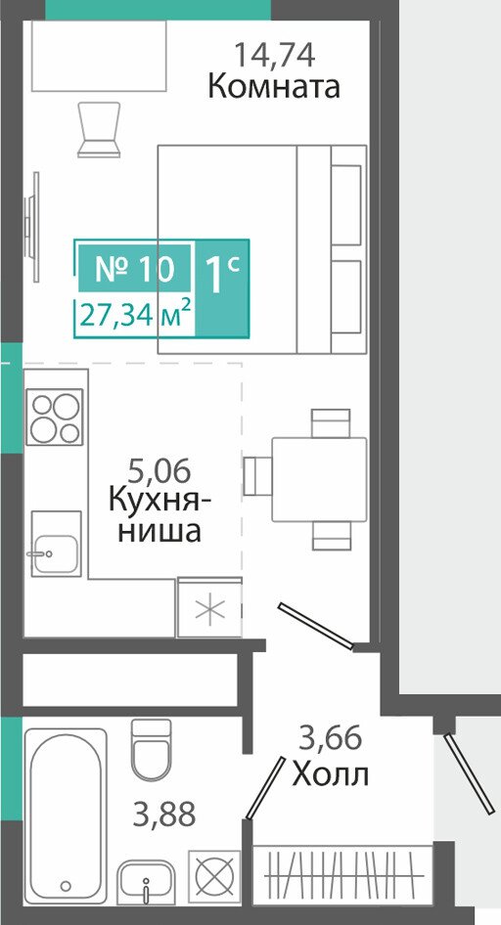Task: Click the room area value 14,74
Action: point(274,55)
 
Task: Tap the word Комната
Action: point(274,87)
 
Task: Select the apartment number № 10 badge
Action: point(135,269)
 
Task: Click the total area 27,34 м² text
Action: point(135,315)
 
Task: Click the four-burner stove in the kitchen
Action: point(55,418)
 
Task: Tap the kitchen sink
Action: point(56,544)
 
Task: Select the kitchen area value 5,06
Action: point(159,473)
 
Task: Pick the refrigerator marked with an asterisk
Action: point(208,607)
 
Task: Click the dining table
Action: point(319,479)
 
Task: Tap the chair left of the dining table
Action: point(257,475)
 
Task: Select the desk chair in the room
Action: point(99,129)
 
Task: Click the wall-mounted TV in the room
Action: point(32,227)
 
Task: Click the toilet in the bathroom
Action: point(151,749)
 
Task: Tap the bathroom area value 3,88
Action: point(164,815)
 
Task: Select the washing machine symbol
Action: point(214,877)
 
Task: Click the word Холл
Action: point(331,773)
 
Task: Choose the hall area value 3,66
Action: point(330,738)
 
